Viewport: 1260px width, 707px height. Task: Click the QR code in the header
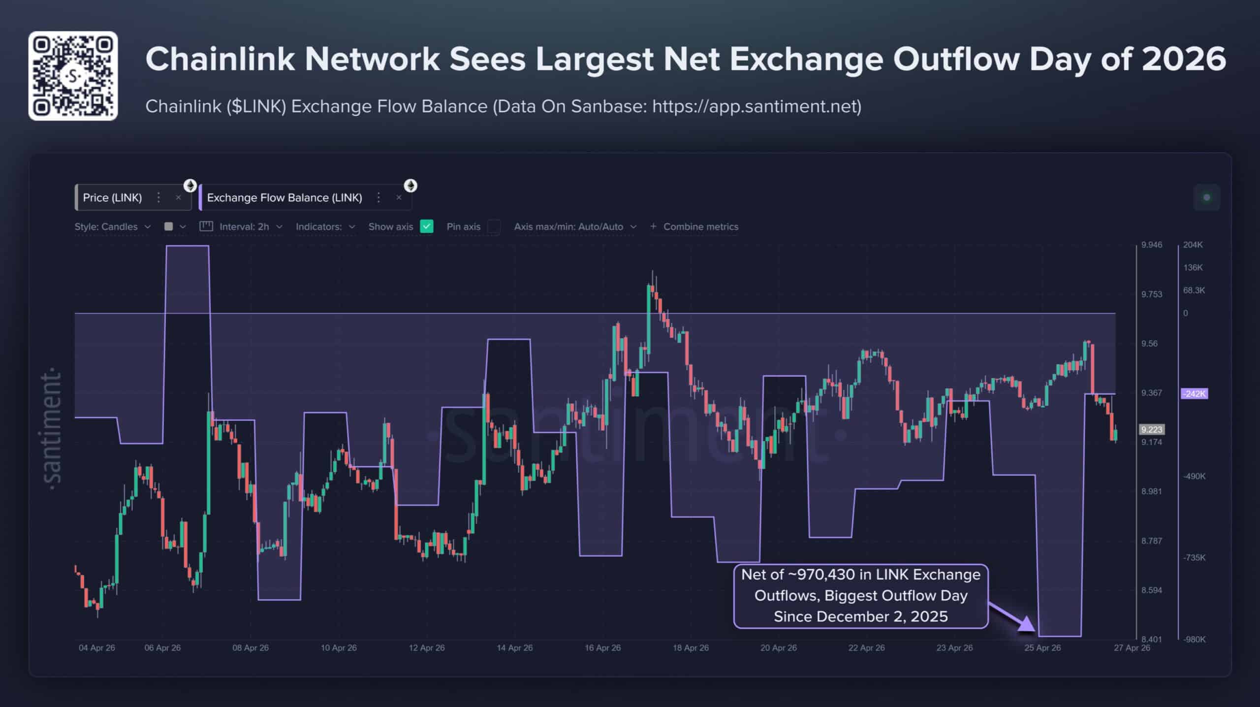73,76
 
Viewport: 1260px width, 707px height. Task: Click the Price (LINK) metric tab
112,197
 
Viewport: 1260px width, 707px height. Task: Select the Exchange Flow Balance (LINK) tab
284,197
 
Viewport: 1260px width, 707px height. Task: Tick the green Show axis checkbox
427,226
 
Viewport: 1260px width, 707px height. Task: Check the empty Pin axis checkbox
494,226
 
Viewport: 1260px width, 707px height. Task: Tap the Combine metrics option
694,226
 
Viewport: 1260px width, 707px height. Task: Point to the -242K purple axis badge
1194,394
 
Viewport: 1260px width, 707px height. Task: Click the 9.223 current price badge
1151,430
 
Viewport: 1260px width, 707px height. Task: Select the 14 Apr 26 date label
514,648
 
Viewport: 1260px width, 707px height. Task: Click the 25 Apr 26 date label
1042,648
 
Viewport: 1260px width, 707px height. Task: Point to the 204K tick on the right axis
1193,245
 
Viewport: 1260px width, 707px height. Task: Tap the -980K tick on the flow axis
1195,639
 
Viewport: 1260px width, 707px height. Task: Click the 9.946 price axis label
1152,245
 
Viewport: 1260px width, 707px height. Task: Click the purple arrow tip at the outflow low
1033,629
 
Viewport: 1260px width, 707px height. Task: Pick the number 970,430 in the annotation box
826,575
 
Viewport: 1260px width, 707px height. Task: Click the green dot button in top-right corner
1206,197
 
